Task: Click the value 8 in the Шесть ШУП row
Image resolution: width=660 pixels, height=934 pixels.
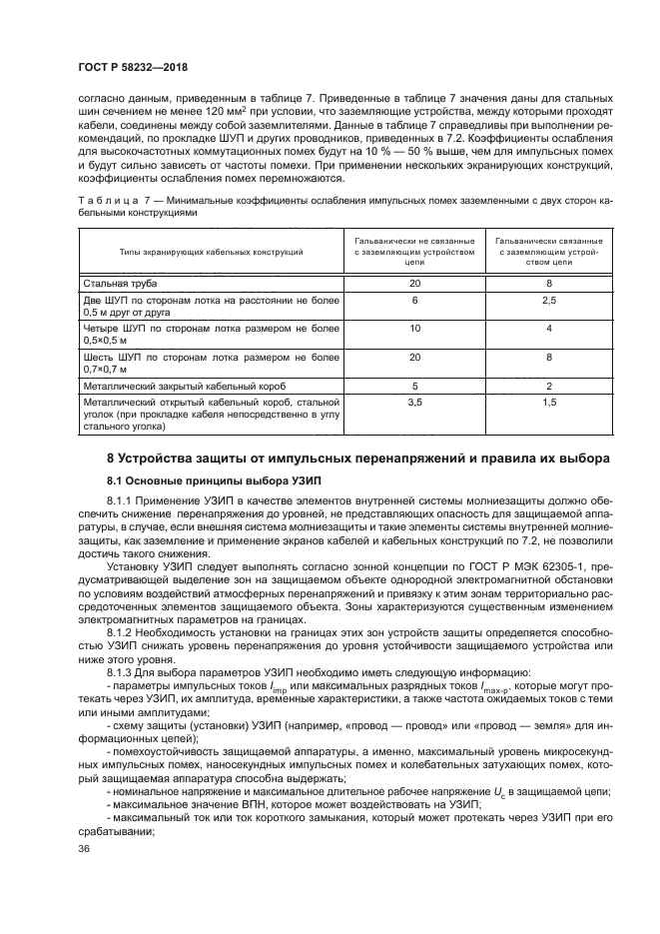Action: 548,357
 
